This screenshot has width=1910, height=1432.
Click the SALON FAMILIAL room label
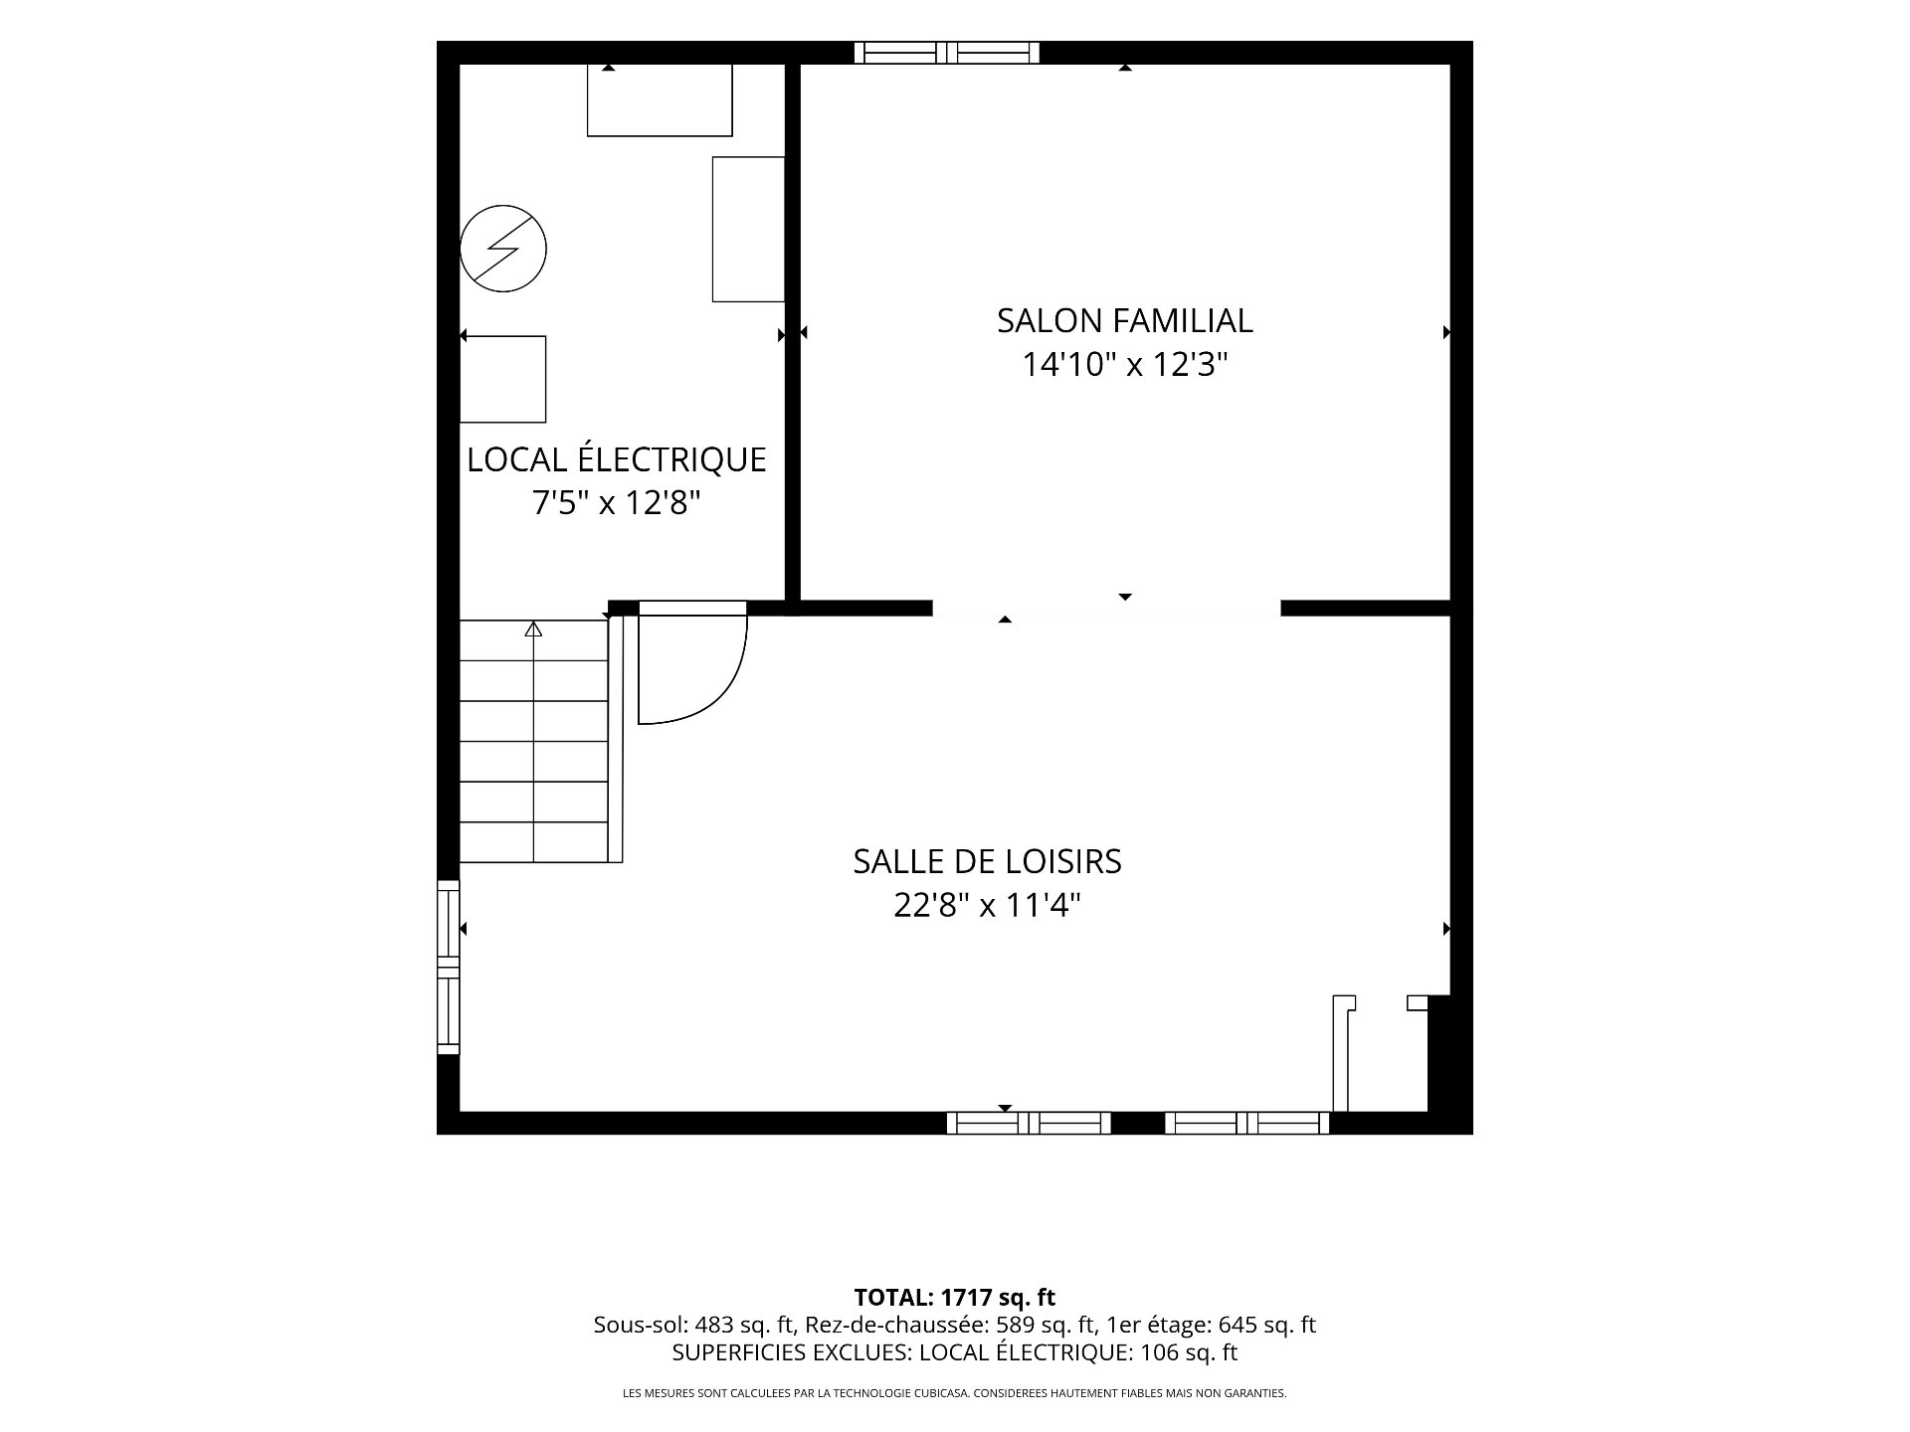(1124, 320)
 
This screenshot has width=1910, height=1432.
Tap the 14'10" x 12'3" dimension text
(1125, 365)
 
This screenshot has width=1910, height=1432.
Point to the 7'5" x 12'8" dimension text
(617, 503)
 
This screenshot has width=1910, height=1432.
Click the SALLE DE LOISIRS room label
(987, 861)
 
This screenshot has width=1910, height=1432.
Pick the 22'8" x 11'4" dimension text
(987, 906)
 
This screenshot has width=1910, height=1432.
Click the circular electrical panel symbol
(503, 249)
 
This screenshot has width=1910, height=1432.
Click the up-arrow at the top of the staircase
(534, 628)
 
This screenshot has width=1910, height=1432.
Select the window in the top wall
(947, 53)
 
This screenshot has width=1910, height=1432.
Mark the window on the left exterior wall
(449, 967)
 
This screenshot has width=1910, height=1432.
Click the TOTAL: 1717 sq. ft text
(955, 1297)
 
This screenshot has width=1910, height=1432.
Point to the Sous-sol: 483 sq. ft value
(693, 1325)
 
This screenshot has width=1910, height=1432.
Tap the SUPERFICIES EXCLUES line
(955, 1352)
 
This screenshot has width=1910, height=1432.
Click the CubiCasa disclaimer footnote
(955, 1393)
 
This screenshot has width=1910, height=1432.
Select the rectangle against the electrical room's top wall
(660, 99)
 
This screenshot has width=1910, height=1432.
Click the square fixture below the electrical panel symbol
(502, 379)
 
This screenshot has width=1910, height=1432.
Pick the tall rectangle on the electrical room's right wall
(749, 229)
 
